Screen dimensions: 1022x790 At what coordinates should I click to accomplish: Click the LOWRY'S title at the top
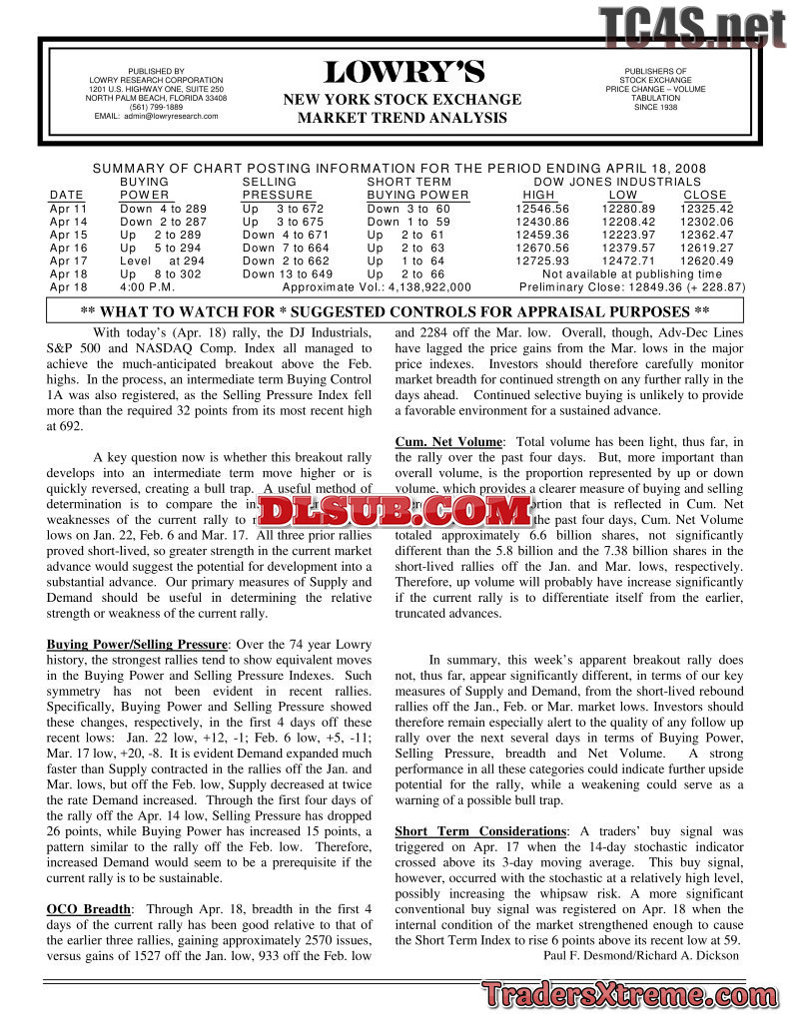pos(403,73)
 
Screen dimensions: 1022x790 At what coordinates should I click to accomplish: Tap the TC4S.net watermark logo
pos(692,28)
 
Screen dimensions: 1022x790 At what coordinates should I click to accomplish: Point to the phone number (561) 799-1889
pos(156,107)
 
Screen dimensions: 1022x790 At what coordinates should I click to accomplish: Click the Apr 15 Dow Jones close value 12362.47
pos(706,235)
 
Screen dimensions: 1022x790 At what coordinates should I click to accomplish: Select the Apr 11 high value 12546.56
pos(542,209)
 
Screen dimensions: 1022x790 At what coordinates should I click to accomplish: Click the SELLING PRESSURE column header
pos(277,189)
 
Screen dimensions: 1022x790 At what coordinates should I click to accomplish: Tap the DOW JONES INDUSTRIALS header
pos(617,182)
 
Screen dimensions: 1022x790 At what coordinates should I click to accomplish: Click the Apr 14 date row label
pos(68,222)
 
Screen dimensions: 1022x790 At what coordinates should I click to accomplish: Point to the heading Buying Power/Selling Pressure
pos(138,645)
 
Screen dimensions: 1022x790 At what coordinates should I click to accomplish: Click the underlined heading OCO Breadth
pos(88,909)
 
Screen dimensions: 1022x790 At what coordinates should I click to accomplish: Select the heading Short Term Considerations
pos(480,831)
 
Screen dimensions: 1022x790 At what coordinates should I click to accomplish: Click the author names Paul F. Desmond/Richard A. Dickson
pos(641,955)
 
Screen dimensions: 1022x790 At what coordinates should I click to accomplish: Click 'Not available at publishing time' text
pos(631,273)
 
